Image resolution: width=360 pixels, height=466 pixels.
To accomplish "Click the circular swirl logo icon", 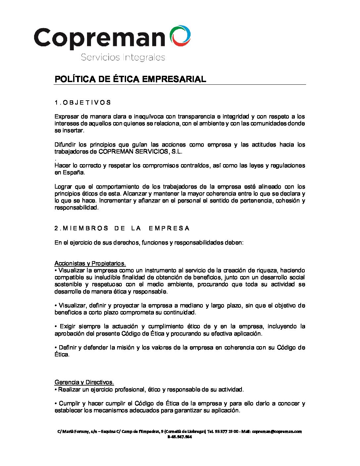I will (180, 35).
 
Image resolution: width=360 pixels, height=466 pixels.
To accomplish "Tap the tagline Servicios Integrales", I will (123, 57).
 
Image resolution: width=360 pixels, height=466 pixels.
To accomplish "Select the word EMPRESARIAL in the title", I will (174, 79).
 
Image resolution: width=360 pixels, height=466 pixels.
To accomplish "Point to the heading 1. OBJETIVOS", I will (83, 103).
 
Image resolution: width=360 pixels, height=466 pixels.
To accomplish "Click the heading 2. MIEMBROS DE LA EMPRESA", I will (122, 228).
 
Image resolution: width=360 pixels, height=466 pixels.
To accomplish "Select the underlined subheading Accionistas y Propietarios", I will (90, 263).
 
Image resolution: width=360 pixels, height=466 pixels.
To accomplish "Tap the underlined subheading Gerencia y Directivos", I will (84, 382).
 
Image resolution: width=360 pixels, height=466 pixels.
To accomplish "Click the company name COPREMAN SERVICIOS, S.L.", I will (141, 152).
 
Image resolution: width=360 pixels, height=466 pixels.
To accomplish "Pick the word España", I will (69, 172).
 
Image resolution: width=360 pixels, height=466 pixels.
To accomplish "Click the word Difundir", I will (65, 145).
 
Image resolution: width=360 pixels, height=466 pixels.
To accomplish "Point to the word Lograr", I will (63, 187).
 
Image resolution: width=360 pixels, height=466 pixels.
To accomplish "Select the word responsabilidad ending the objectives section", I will (76, 208).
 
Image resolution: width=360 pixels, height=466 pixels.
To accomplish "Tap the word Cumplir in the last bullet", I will (68, 403).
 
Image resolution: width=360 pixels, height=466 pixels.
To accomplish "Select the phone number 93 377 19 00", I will (227, 432).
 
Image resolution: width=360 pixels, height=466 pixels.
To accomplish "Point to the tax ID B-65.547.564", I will (180, 437).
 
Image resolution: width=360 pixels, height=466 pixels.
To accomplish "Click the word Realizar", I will (69, 390).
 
